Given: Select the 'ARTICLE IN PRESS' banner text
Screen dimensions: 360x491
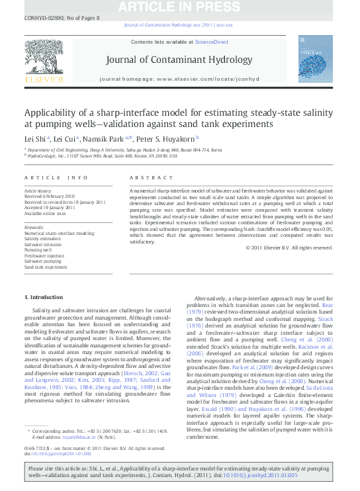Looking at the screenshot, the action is coord(179,7).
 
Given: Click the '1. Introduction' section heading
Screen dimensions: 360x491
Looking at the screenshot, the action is coord(44,298).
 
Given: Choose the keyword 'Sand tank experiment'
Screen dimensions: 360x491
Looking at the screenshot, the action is coord(46,267).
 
